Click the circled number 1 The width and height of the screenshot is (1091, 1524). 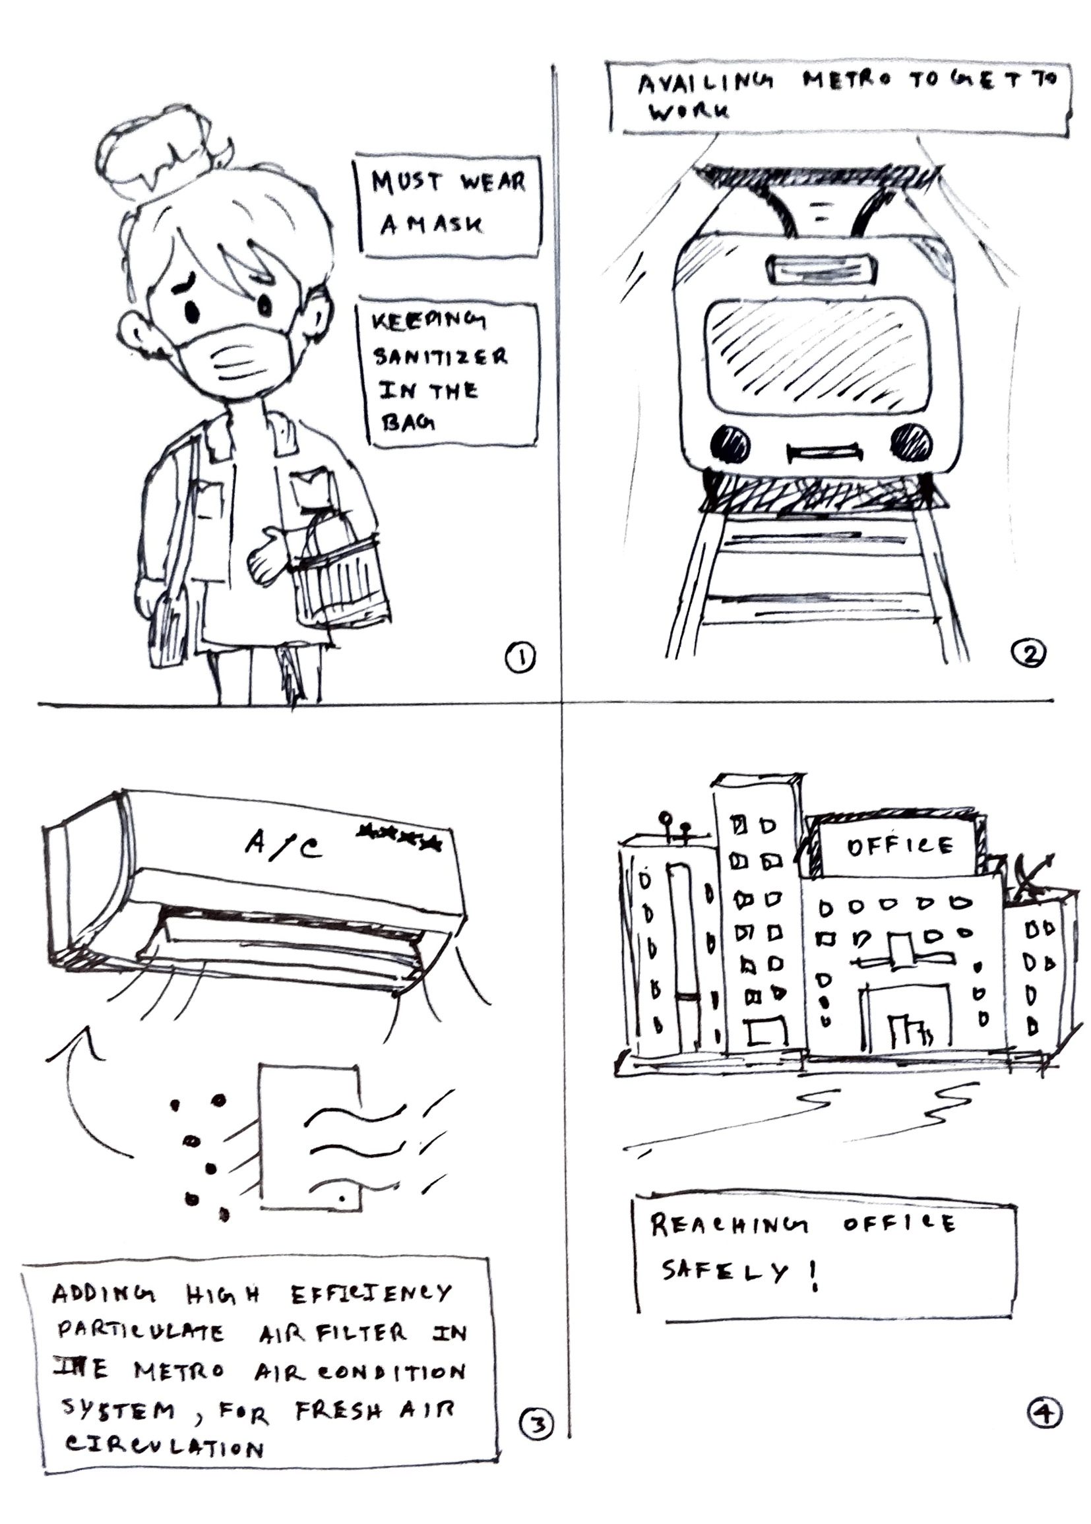click(520, 658)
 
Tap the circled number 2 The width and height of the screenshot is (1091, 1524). click(1028, 652)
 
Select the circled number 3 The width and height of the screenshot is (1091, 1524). click(537, 1424)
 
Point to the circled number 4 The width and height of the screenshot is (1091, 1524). click(1044, 1412)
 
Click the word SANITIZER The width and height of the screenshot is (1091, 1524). click(440, 356)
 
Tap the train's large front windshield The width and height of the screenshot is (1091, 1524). click(817, 356)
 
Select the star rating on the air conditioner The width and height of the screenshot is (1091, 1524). click(400, 836)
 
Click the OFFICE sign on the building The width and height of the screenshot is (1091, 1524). click(899, 846)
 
